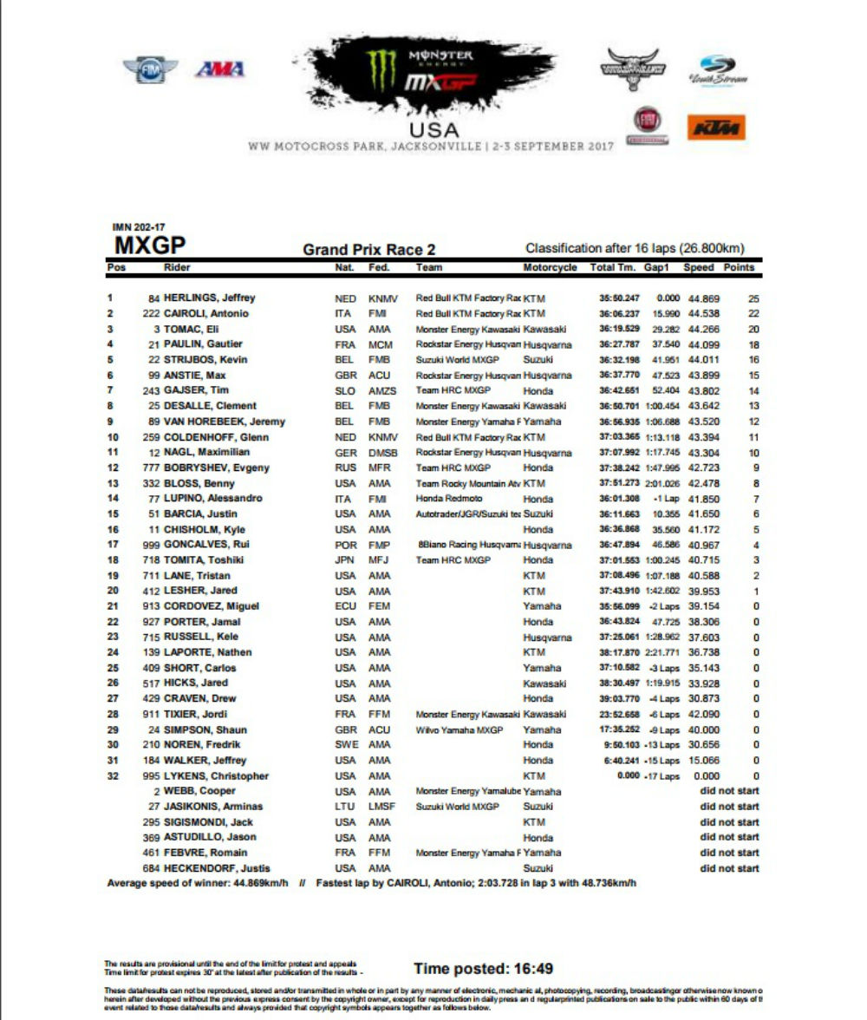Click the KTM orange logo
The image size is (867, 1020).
point(716,127)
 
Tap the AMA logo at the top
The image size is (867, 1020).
point(220,69)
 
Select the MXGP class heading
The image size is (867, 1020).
point(150,245)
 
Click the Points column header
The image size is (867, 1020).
point(739,268)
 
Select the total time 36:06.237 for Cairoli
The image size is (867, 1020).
point(616,314)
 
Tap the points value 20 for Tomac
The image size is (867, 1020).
point(753,330)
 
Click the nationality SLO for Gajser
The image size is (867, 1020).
point(345,391)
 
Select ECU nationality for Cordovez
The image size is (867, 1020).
point(345,606)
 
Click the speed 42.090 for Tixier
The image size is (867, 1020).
point(699,714)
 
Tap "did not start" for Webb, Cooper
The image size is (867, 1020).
point(729,791)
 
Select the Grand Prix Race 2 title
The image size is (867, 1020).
point(368,250)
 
